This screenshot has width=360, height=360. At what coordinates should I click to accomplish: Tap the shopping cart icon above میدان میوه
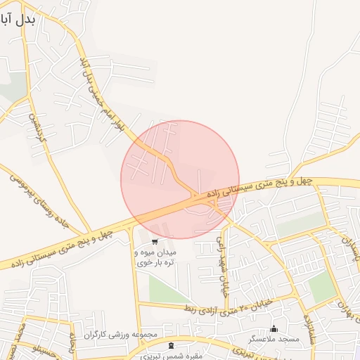click(x=155, y=241)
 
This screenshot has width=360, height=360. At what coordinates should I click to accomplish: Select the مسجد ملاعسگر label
click(x=274, y=339)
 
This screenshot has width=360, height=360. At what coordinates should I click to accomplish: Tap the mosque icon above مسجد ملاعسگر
click(x=274, y=328)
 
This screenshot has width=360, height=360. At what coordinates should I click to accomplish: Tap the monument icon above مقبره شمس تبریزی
click(x=172, y=345)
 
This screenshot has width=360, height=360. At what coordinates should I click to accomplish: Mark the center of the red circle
click(x=180, y=180)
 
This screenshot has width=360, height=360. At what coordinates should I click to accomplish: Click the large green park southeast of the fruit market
click(x=169, y=288)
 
